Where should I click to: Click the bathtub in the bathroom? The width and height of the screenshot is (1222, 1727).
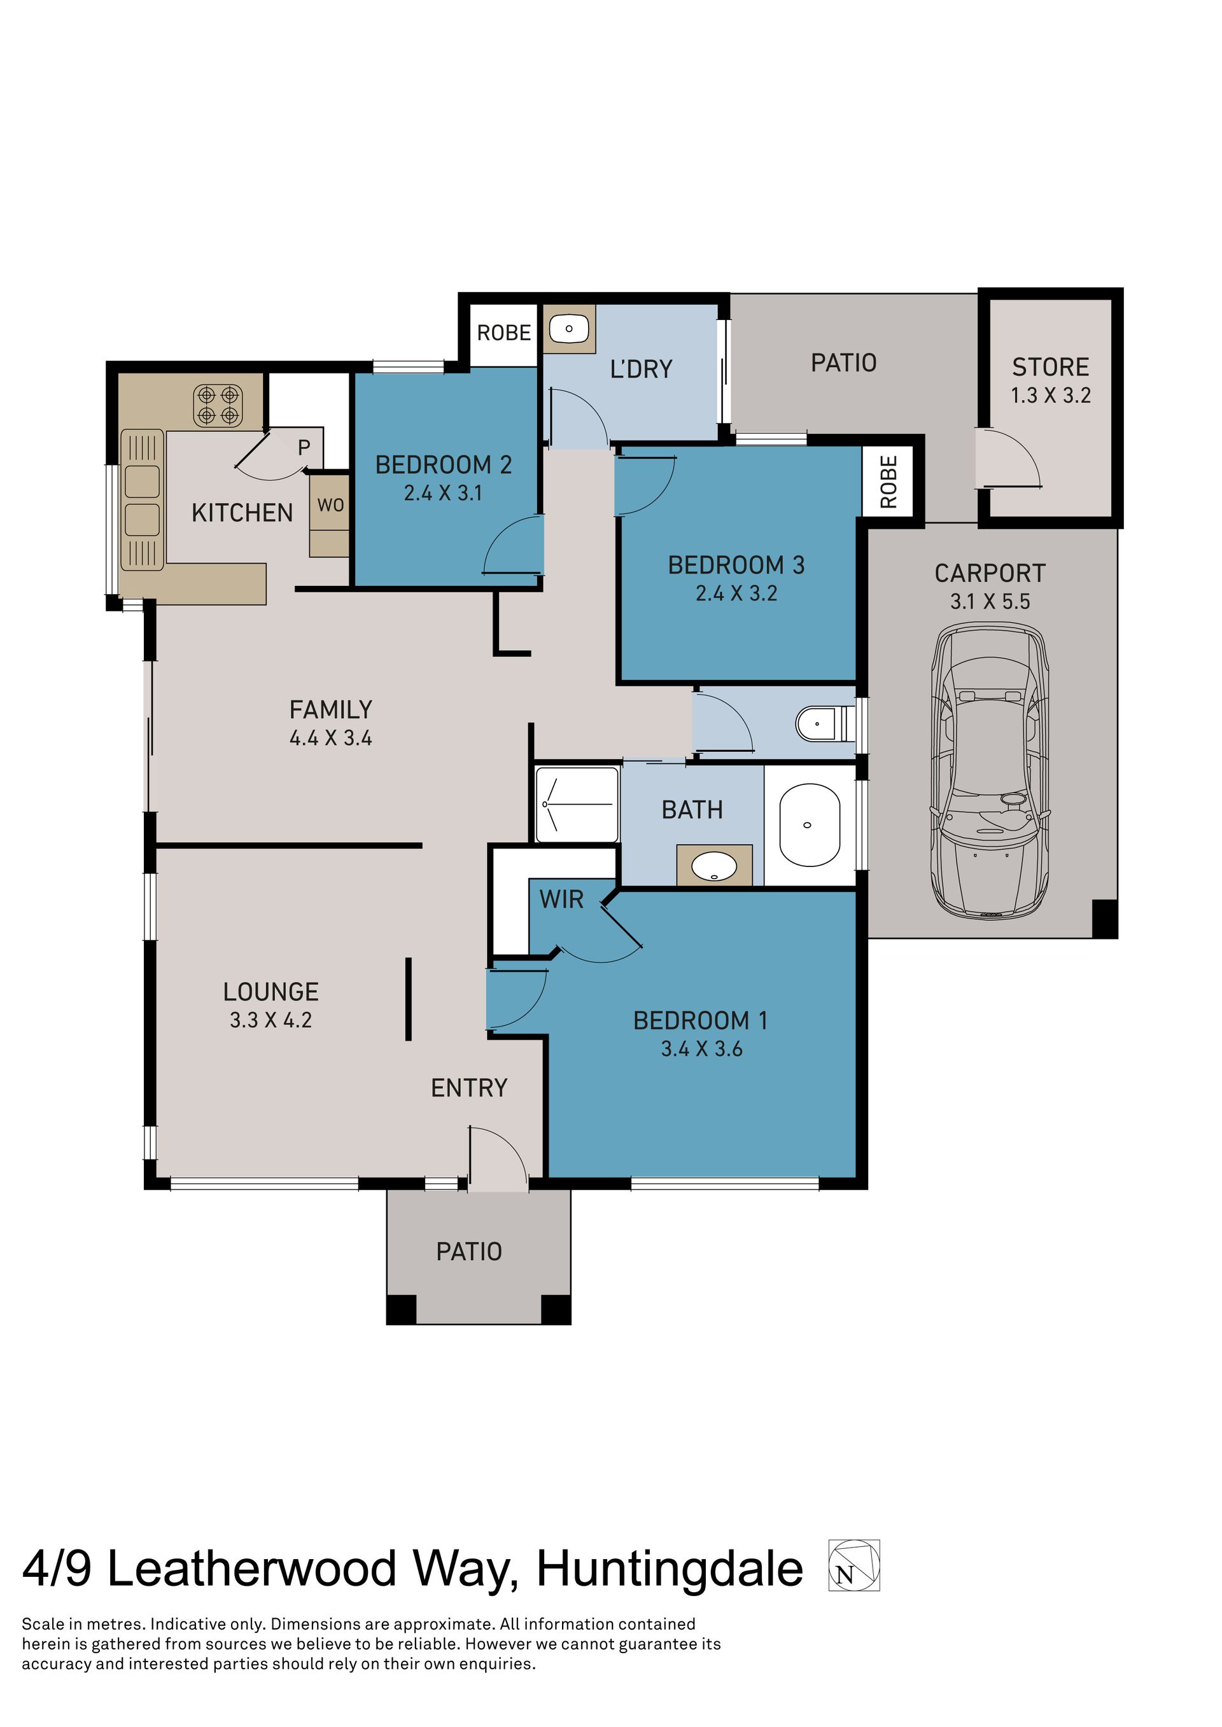coord(810,825)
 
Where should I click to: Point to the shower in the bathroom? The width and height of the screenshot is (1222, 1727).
coord(577,804)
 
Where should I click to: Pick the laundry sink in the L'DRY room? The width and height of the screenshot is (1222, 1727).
coord(569,329)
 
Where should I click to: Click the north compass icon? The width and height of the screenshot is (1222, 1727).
coord(854,1565)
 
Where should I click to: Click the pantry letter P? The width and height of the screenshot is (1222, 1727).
coord(304,448)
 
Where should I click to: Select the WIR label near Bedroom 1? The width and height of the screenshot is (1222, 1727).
coord(561,899)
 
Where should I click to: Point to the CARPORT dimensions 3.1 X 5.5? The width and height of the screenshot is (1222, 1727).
coord(990,601)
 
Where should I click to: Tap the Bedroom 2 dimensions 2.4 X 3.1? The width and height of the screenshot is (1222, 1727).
coord(442,493)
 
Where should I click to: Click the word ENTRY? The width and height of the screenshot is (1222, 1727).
coord(469,1088)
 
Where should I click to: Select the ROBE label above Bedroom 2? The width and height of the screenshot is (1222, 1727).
coord(503,333)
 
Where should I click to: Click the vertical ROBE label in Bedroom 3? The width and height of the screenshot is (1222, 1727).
coord(888,482)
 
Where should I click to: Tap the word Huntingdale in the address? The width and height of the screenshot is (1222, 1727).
coord(670,1569)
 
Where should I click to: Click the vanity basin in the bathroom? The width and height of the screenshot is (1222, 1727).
coord(714,865)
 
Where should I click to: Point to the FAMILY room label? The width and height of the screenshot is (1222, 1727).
coord(331,709)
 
